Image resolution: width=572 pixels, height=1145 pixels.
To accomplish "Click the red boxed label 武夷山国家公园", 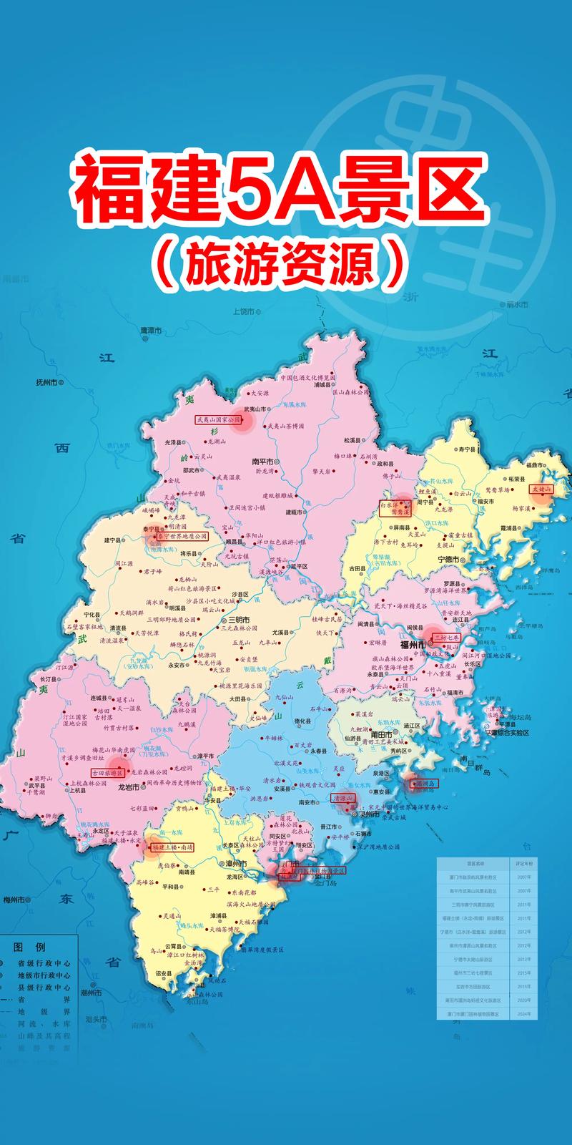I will coord(219,421).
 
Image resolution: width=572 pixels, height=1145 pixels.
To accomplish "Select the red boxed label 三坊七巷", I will coord(447,636).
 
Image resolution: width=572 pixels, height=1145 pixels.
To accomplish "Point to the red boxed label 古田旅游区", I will coord(107,773).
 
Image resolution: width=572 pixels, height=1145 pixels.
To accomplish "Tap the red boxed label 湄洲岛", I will coord(424,783).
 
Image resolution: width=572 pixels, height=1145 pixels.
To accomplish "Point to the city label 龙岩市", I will coord(128,786).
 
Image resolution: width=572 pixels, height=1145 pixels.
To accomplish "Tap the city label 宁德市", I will coord(448,559).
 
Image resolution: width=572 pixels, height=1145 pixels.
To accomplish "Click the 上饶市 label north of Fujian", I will coord(245,311).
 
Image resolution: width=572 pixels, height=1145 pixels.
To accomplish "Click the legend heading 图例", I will coord(34,947).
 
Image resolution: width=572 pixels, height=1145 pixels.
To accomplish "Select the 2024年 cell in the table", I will coord(523,1014).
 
